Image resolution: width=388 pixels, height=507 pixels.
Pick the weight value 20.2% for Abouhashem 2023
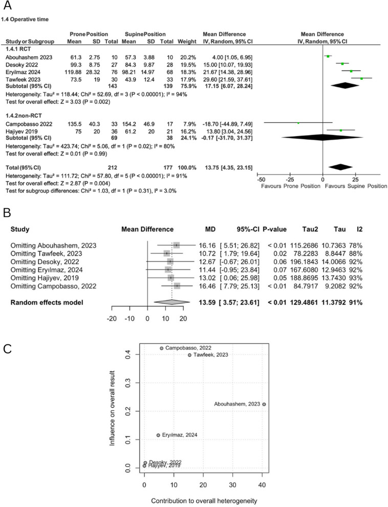point(187,56)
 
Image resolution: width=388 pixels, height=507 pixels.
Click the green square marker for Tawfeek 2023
point(362,78)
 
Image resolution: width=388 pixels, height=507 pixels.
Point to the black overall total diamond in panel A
point(341,166)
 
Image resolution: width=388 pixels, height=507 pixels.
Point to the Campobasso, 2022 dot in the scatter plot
point(162,348)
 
